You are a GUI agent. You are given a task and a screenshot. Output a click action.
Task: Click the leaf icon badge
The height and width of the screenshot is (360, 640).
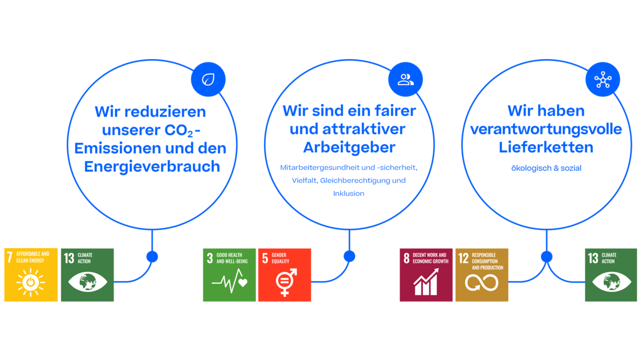pos(208,79)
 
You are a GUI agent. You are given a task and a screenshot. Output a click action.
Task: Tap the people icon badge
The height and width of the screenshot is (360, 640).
pos(405,79)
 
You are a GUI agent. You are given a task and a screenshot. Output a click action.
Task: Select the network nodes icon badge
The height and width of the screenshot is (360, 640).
pos(603,79)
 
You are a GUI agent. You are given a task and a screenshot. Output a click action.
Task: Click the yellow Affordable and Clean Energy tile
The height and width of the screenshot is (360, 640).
pos(31,275)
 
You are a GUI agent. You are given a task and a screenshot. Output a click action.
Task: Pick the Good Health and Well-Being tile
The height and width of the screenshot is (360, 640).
pos(230,275)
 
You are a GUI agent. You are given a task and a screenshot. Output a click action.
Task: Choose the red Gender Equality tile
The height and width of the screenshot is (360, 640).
pos(285,275)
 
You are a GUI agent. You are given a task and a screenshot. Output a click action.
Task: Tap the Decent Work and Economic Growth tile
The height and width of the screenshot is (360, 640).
pos(426,275)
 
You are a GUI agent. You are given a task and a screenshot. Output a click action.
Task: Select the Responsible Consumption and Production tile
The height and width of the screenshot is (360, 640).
pos(482,275)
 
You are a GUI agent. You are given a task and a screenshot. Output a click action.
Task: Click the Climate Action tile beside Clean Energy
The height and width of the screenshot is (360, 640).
pos(88,275)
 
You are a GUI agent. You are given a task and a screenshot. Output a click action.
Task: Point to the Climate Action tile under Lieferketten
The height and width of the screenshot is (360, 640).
pos(611,275)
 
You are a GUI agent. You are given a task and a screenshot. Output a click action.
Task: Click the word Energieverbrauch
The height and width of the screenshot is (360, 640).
pos(152,167)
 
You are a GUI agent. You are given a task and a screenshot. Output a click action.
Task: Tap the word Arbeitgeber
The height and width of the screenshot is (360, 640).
pos(349,147)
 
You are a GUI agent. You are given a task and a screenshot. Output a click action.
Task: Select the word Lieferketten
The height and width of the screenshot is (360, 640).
pos(546,147)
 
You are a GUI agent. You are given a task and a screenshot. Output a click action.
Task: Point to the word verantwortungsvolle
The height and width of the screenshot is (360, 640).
pos(546,129)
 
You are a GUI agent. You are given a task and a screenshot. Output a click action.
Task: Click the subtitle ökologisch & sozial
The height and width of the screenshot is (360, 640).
pos(546,168)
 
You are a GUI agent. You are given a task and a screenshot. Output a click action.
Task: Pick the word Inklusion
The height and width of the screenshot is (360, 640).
pos(349,193)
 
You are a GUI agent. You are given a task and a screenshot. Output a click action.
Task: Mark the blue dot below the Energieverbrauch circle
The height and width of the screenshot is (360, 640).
pos(152,256)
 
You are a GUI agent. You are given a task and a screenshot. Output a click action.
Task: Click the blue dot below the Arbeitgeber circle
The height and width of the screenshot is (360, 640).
pos(349,256)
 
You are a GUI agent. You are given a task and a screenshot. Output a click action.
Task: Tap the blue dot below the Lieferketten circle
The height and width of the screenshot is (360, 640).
pos(547,256)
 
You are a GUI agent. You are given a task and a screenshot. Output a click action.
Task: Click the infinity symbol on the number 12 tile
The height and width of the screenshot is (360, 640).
pos(482,283)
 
